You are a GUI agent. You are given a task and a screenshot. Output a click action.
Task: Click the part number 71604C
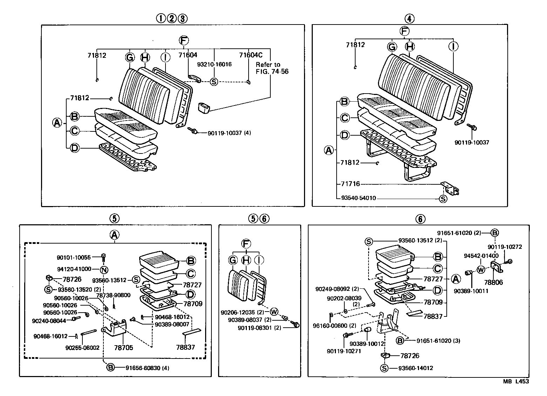pyautogui.click(x=251, y=55)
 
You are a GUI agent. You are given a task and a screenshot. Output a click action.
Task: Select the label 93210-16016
pyautogui.click(x=214, y=64)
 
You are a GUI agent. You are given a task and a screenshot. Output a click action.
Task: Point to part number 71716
pyautogui.click(x=350, y=184)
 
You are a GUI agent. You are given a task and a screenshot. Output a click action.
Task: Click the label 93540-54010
pyautogui.click(x=358, y=198)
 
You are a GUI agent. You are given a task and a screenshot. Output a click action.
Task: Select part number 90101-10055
pyautogui.click(x=74, y=258)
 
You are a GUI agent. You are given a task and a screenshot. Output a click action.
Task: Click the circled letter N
pyautogui.click(x=104, y=269)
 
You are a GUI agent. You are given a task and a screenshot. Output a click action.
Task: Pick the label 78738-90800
pyautogui.click(x=113, y=295)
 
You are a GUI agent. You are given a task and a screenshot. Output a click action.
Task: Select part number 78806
pyautogui.click(x=493, y=282)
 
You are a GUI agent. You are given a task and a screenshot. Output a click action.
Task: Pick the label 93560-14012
pyautogui.click(x=416, y=368)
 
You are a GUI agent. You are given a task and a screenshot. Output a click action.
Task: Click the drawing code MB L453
pyautogui.click(x=516, y=381)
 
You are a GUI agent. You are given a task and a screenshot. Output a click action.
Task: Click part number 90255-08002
pyautogui.click(x=82, y=348)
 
